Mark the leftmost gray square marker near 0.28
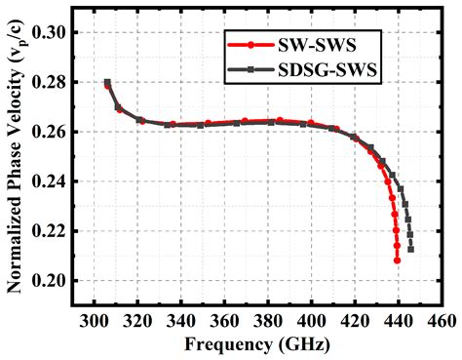point(107,82)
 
